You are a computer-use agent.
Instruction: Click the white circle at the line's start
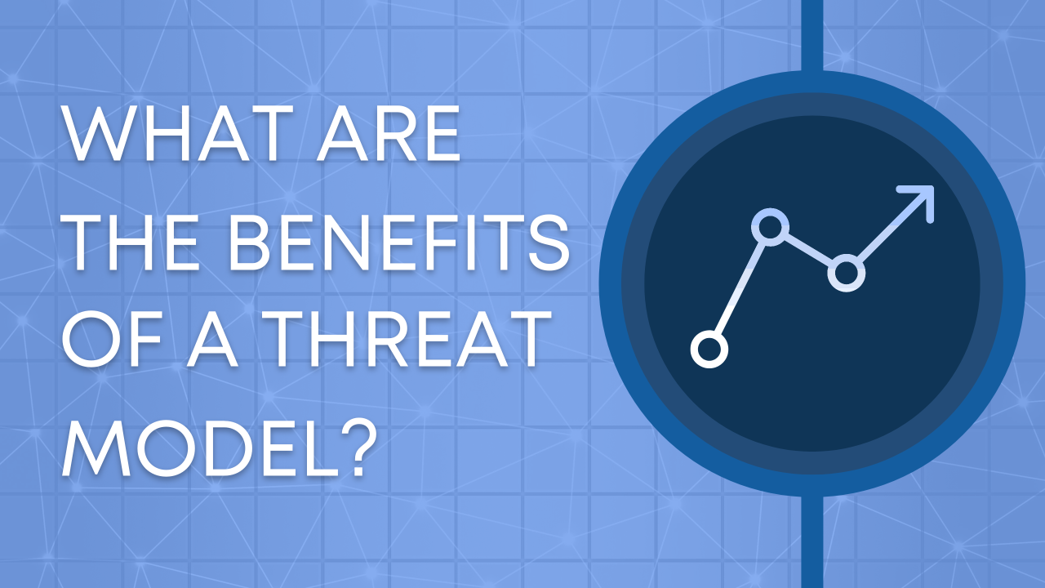tap(709, 350)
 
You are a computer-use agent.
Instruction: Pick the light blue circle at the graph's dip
tap(846, 273)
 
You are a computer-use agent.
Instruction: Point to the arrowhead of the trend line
tap(921, 198)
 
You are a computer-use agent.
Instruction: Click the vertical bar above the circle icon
tap(812, 37)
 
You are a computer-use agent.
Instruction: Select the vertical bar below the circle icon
tap(812, 543)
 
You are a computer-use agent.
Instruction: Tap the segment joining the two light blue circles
tap(808, 250)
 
